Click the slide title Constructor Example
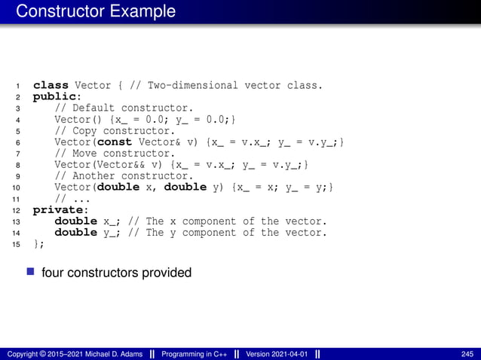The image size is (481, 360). (96, 12)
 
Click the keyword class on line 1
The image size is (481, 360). (51, 85)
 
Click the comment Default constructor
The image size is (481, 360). (124, 108)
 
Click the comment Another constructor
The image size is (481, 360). (124, 175)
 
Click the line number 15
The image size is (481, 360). (17, 244)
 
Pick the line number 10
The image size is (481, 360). (17, 188)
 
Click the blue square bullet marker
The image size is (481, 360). (32, 271)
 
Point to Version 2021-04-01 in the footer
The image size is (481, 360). (276, 354)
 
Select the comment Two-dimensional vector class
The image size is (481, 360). (234, 85)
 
